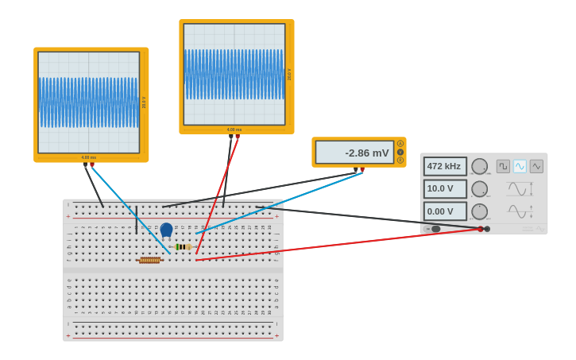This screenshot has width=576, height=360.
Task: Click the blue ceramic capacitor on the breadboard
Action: click(166, 230)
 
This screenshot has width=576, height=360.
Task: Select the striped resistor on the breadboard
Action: click(183, 247)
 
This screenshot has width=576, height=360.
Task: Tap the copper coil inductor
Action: click(149, 260)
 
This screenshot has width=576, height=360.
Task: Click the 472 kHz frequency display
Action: click(444, 166)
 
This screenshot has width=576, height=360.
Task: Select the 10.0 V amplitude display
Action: click(444, 189)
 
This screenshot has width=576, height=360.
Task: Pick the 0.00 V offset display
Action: click(444, 211)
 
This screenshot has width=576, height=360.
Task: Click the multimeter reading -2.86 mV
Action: click(354, 153)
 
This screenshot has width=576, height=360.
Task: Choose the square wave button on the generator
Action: click(503, 166)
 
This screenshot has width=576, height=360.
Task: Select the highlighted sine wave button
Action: click(520, 166)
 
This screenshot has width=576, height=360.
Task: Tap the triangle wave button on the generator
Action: click(536, 166)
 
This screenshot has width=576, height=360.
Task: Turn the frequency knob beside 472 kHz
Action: click(479, 166)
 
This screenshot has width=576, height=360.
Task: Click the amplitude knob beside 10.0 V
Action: click(479, 189)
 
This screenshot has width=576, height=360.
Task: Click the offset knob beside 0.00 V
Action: click(479, 211)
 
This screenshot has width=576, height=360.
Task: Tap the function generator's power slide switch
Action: click(434, 229)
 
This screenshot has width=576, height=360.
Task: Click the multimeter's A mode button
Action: click(400, 144)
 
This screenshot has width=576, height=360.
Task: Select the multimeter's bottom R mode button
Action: click(400, 160)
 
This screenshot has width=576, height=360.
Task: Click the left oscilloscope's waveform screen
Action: click(88, 103)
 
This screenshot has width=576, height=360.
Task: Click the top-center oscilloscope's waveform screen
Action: click(234, 74)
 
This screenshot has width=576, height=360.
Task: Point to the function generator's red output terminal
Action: click(481, 229)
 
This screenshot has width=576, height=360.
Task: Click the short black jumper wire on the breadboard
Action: click(137, 219)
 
